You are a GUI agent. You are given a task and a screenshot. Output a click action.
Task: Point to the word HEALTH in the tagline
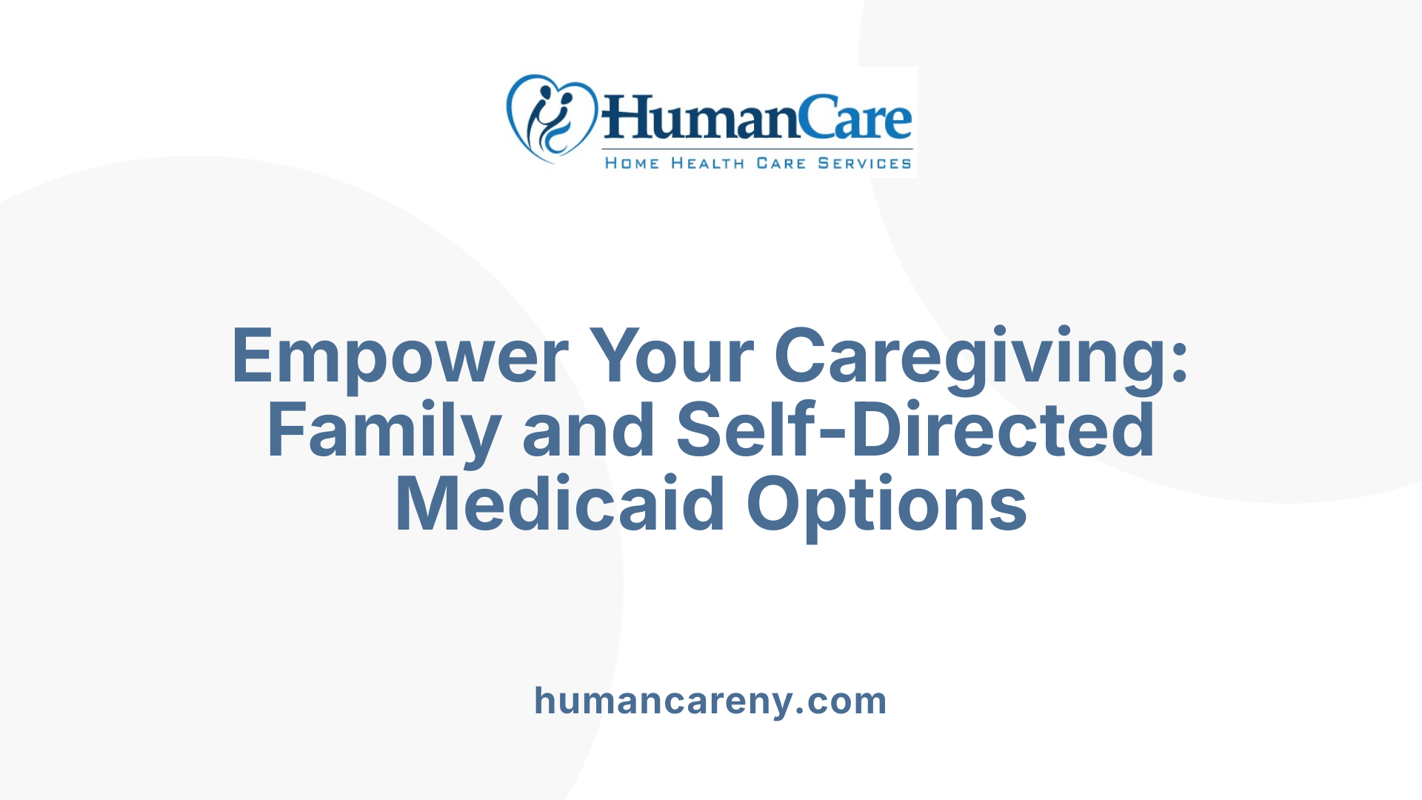[707, 163]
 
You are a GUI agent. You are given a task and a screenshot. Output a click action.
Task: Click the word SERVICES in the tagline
[864, 163]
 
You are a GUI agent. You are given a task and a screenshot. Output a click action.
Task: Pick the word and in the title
[588, 431]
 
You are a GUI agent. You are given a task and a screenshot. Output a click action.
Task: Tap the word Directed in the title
[1003, 431]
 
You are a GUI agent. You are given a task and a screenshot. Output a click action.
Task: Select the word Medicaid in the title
[560, 505]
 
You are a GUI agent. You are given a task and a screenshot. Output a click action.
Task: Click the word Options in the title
[887, 505]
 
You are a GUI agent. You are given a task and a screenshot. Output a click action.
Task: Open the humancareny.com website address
[710, 701]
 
